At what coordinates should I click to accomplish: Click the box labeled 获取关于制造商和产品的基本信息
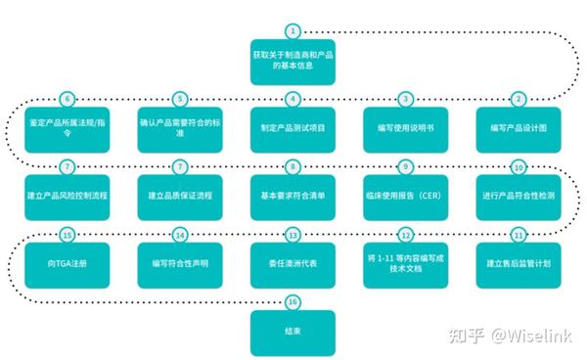[x=293, y=60]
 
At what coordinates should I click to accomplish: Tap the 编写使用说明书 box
[x=405, y=128]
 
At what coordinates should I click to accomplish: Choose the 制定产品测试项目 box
[x=293, y=128]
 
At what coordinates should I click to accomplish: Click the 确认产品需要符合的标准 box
[x=179, y=128]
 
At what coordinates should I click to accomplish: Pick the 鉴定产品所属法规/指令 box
[x=67, y=128]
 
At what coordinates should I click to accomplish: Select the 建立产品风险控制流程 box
[x=67, y=196]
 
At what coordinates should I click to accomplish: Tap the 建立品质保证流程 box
[x=179, y=196]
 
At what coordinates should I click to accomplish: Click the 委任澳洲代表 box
[x=293, y=264]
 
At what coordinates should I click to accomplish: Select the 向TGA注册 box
[x=67, y=264]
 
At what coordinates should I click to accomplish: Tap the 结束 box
[x=293, y=333]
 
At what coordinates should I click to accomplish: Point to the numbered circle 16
[x=293, y=303]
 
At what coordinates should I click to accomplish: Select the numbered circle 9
[x=405, y=167]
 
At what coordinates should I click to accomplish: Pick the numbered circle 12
[x=405, y=236]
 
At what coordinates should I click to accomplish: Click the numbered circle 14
[x=179, y=236]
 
